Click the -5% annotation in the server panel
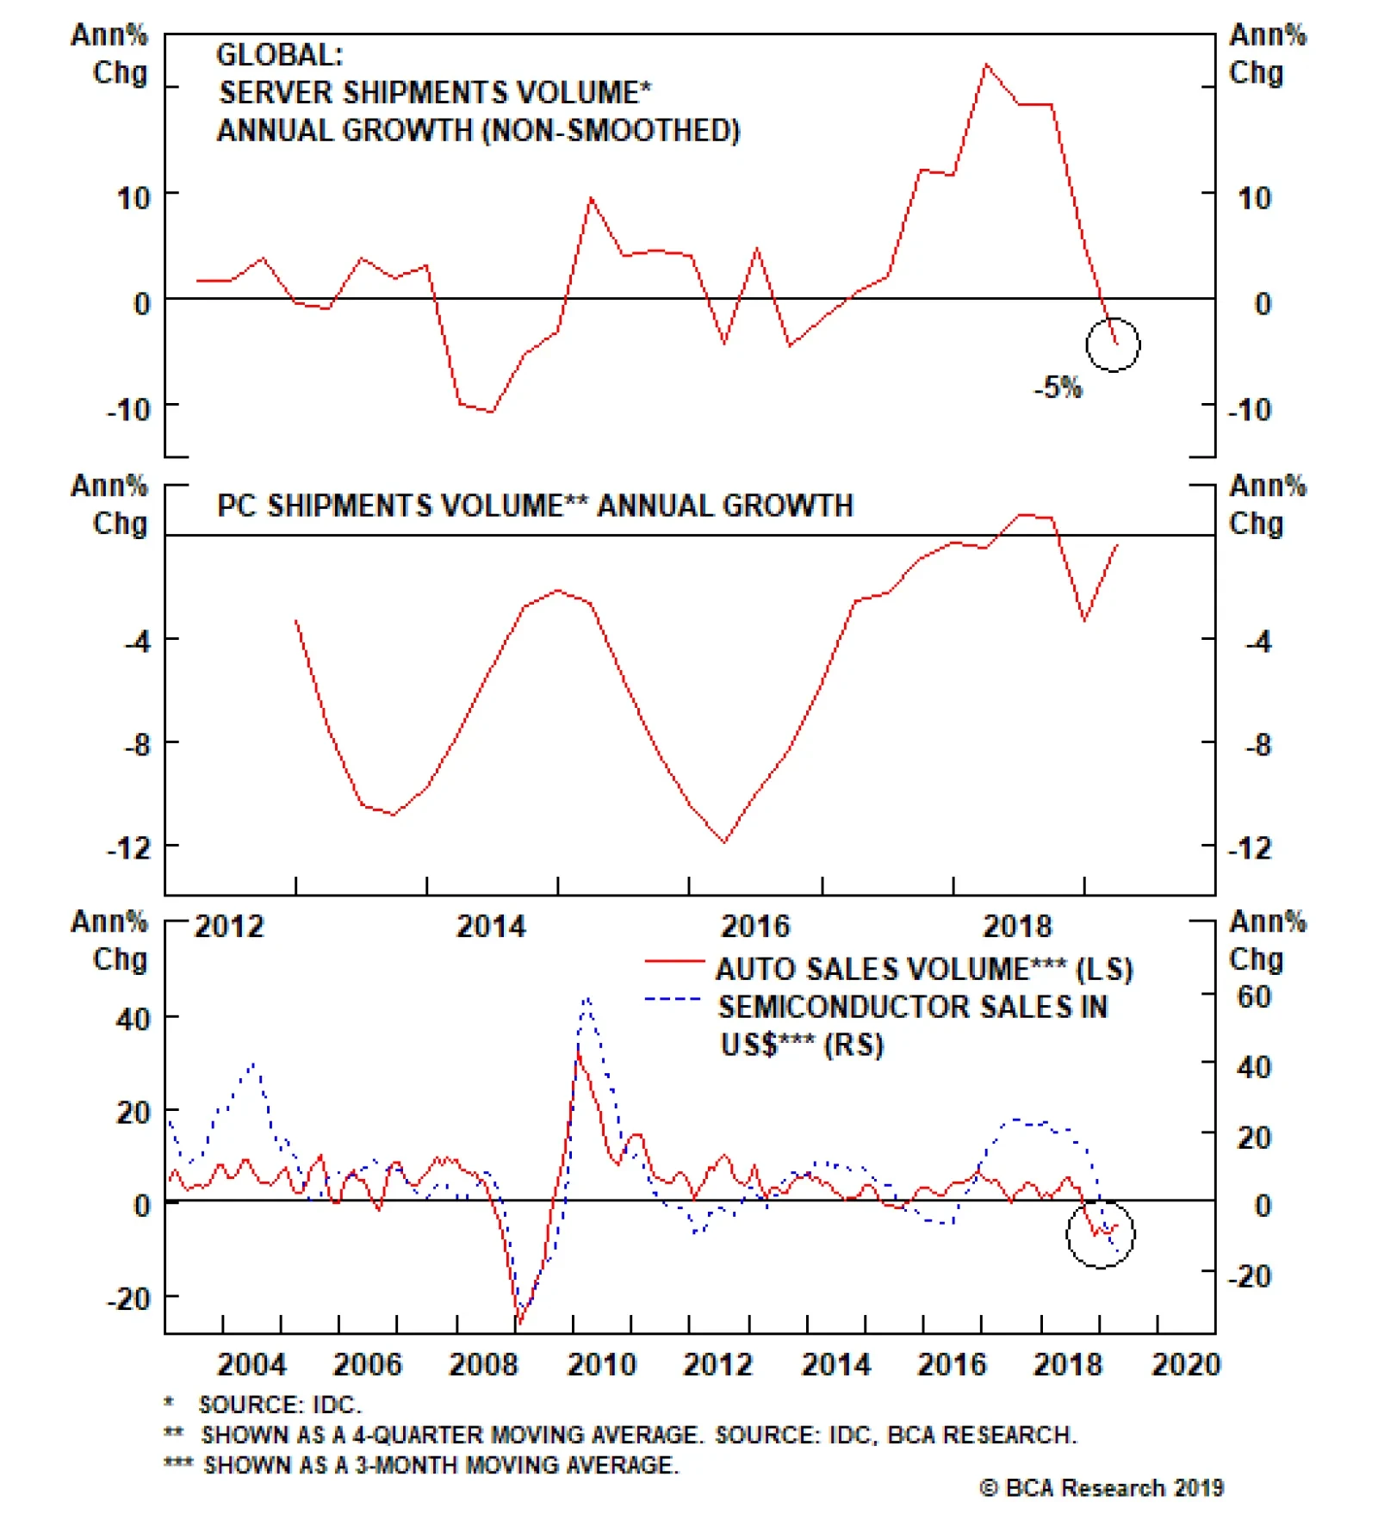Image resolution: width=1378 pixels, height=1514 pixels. [x=1058, y=388]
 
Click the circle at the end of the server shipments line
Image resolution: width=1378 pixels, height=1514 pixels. [x=1113, y=344]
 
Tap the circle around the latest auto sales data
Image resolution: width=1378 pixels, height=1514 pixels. [x=1100, y=1233]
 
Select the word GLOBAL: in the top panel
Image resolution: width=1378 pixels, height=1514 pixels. [x=279, y=55]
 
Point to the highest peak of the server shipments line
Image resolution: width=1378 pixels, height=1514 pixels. [x=987, y=65]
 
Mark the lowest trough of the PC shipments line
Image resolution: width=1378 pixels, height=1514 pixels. [x=724, y=842]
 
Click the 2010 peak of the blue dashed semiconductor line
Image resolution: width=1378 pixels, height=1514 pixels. [x=587, y=999]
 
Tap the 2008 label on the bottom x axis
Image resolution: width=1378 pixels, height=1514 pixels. [x=483, y=1365]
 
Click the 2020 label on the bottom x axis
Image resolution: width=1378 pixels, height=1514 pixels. [x=1186, y=1365]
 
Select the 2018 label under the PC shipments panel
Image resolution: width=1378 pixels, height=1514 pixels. [x=1017, y=927]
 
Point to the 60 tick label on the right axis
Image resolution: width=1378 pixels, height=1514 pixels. [x=1254, y=996]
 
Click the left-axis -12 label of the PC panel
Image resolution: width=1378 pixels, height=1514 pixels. [x=128, y=848]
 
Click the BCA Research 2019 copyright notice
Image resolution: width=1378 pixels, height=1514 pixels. [x=1102, y=1488]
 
